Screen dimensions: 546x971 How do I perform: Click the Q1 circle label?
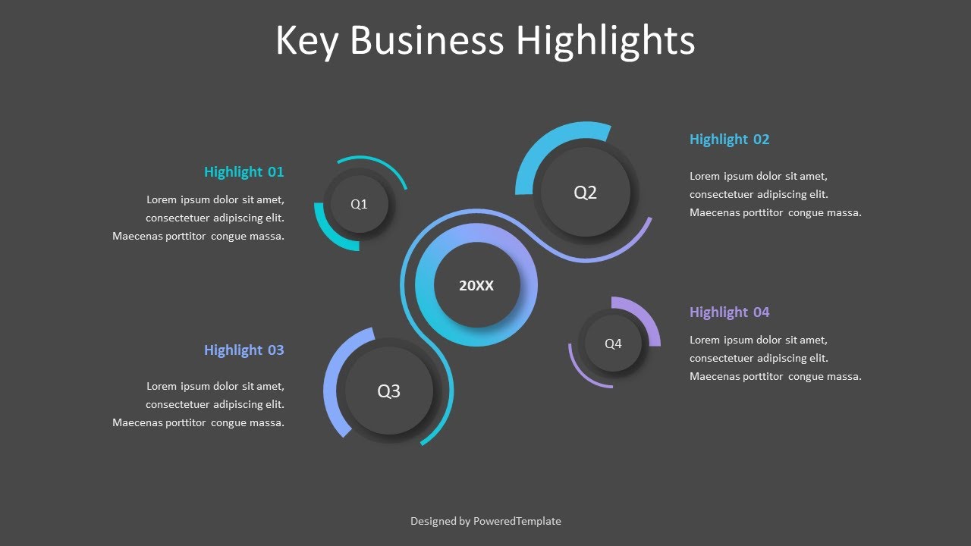(x=359, y=204)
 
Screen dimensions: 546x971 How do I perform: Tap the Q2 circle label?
(x=585, y=193)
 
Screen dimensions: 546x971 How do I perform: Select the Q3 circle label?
(x=388, y=391)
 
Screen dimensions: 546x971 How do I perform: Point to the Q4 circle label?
(x=613, y=344)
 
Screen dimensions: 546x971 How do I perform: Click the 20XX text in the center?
(x=476, y=286)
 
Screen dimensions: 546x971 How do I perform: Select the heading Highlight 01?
(x=244, y=172)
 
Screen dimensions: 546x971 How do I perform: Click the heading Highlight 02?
(x=729, y=140)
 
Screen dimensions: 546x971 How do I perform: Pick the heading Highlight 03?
(x=244, y=350)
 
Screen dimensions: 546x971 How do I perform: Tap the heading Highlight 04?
(x=729, y=312)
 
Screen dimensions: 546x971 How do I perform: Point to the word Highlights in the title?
(x=605, y=42)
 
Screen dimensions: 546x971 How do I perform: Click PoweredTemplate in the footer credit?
(x=517, y=521)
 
